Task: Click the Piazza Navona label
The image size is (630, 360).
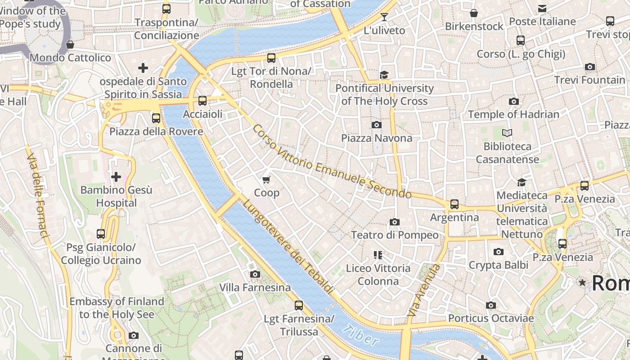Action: (x=377, y=138)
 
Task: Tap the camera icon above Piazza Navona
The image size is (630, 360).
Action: (x=377, y=125)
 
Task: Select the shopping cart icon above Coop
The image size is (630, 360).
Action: (x=266, y=180)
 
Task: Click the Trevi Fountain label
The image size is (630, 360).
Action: (x=589, y=80)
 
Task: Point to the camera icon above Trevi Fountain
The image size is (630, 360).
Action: (x=589, y=67)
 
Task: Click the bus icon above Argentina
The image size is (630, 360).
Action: (x=454, y=204)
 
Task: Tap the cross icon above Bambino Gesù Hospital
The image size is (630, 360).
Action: (x=116, y=177)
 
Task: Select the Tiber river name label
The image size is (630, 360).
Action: (x=360, y=336)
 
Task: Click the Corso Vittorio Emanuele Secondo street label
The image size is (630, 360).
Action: (x=332, y=162)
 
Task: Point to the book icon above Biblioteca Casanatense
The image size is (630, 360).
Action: (x=507, y=133)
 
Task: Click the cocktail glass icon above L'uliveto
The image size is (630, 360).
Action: (x=384, y=17)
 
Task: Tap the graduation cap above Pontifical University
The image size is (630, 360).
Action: (x=384, y=75)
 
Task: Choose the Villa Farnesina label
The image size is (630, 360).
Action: (x=255, y=287)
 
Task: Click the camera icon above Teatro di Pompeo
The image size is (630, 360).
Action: (x=395, y=222)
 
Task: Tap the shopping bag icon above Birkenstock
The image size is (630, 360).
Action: (x=474, y=13)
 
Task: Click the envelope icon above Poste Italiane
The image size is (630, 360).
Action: (x=542, y=8)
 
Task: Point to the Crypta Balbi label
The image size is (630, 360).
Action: (x=499, y=265)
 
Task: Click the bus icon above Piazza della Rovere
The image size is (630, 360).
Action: (x=156, y=118)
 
